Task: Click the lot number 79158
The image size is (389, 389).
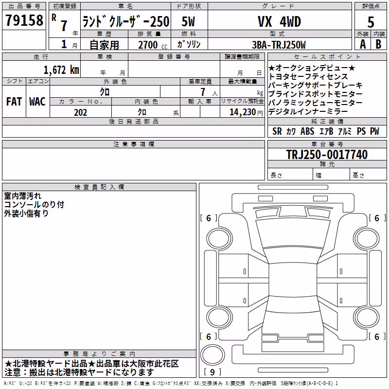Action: click(x=24, y=20)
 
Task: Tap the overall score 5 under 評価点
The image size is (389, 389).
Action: click(x=371, y=22)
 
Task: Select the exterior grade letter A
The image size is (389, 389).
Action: click(x=363, y=44)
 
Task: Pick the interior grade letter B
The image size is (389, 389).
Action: click(x=378, y=44)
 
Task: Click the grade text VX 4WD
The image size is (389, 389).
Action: click(x=279, y=21)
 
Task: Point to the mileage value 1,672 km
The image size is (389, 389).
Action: click(x=61, y=70)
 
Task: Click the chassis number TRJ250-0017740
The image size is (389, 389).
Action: click(x=327, y=154)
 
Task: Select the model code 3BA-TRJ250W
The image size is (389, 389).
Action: click(x=279, y=45)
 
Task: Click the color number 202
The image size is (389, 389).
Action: click(x=81, y=112)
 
